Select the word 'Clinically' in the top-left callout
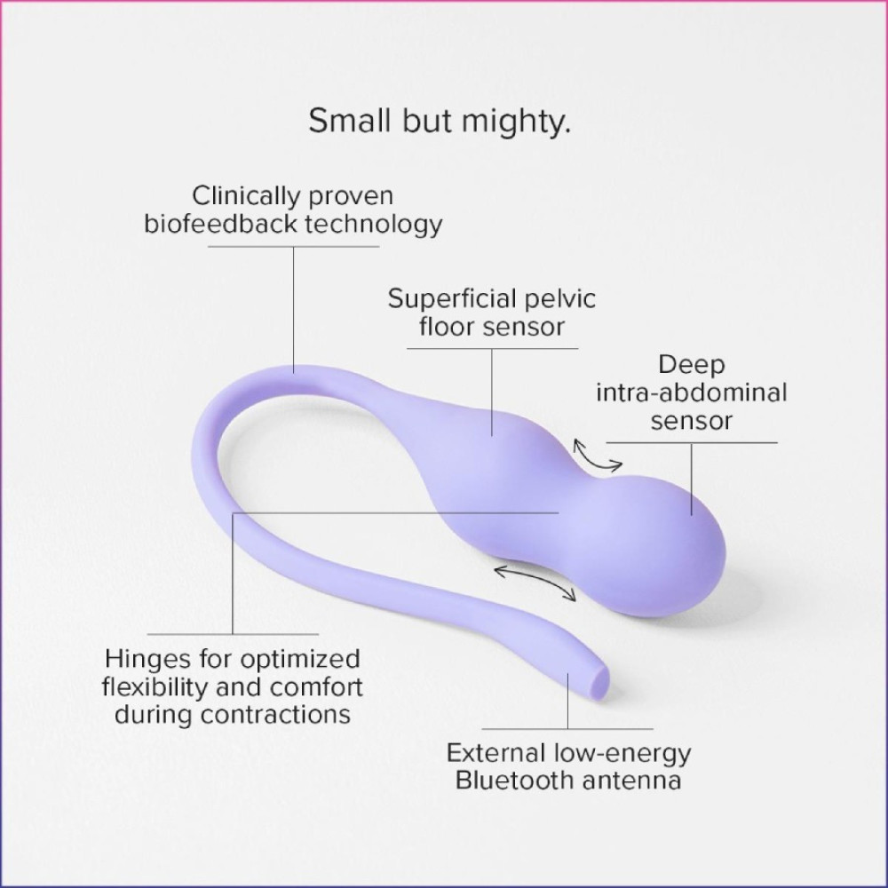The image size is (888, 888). point(242,196)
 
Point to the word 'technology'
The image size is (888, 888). point(374,225)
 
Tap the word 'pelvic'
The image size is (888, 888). point(560,299)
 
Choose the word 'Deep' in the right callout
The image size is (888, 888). point(692,365)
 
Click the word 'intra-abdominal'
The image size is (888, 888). point(692,392)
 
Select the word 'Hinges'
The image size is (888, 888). point(148,660)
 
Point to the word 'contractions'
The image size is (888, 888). point(275,714)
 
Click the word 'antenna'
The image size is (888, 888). point(632,781)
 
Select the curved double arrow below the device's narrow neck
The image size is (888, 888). point(535,581)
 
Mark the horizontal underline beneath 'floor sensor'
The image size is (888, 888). point(492,348)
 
